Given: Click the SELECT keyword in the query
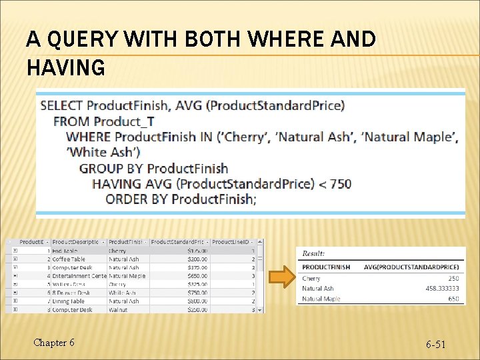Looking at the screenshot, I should coord(61,105).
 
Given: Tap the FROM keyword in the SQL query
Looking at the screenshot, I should coord(72,121).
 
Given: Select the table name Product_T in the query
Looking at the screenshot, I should coord(125,121).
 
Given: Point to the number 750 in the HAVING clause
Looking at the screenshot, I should coord(340,183).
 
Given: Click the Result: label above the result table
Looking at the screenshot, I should coord(314,253).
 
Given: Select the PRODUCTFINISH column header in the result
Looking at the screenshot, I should coord(326,267).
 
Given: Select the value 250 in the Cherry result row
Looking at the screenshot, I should coord(453,279).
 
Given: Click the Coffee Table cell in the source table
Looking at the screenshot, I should coord(69,259).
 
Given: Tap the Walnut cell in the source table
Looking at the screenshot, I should coord(117,309).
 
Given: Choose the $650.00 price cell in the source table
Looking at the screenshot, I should coord(196,275).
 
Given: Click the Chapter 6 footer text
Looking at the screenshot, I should coord(54,343).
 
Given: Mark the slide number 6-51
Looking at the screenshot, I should coord(436,344).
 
